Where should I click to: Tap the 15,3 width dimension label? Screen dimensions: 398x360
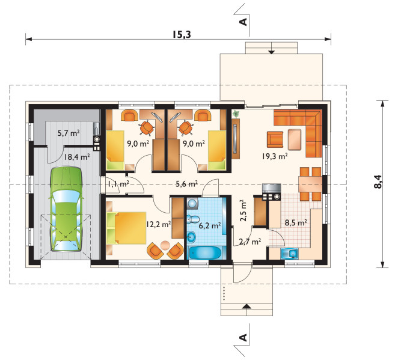click(182, 34)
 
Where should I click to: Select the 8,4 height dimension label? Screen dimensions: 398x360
click(378, 182)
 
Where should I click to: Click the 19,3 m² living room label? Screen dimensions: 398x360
click(275, 156)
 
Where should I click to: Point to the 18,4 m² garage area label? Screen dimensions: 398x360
click(77, 157)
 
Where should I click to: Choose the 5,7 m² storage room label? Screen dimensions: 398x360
click(69, 133)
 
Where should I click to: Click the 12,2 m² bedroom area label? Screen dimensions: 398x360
click(158, 224)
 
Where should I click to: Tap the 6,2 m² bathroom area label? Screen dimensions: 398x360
click(210, 225)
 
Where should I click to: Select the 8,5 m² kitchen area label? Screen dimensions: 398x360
click(296, 223)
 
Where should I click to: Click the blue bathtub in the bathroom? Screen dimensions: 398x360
click(206, 253)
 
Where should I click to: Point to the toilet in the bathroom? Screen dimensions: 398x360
click(193, 219)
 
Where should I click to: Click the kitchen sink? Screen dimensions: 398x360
click(289, 254)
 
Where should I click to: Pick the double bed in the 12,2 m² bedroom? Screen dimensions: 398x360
click(126, 228)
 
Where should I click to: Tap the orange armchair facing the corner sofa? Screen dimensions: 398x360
click(275, 139)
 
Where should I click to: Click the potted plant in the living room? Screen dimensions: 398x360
click(236, 114)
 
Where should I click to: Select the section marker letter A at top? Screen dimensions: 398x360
click(243, 22)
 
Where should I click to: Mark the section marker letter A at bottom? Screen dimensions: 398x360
click(243, 338)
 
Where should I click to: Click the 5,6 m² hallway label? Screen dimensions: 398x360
click(187, 183)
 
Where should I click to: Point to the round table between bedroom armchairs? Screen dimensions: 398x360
click(165, 245)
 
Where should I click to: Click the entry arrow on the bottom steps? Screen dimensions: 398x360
click(246, 307)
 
